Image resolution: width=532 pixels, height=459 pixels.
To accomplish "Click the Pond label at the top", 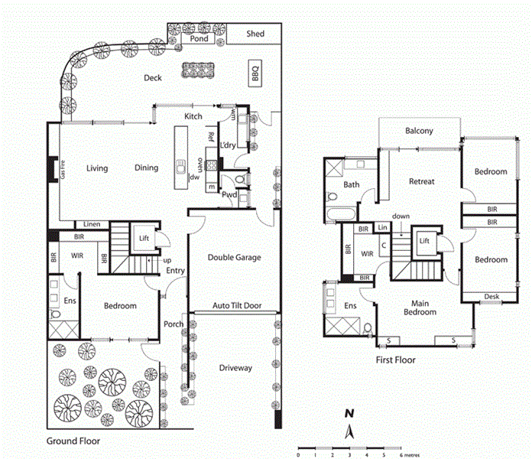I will tap(199, 38).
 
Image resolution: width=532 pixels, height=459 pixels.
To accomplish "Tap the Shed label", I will tap(255, 34).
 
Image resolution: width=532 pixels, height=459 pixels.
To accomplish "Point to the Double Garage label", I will tap(234, 258).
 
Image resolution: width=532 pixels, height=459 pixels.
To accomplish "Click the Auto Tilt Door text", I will tap(237, 306).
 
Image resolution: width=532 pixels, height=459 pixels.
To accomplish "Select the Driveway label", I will tap(235, 368).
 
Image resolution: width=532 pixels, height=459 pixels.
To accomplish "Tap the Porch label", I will tap(174, 324).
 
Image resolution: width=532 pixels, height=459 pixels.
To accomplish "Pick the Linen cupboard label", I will tap(92, 224).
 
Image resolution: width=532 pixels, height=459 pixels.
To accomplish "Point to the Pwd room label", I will tap(229, 195).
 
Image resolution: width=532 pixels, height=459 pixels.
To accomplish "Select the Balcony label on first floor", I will tap(419, 131).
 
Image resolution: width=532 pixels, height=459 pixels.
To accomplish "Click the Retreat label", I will tap(421, 181).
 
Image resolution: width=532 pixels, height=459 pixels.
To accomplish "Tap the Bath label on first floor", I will tap(352, 184).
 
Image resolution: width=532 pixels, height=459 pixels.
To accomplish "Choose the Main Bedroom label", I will tap(420, 308).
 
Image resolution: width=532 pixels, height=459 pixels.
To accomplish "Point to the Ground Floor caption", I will tap(73, 441).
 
